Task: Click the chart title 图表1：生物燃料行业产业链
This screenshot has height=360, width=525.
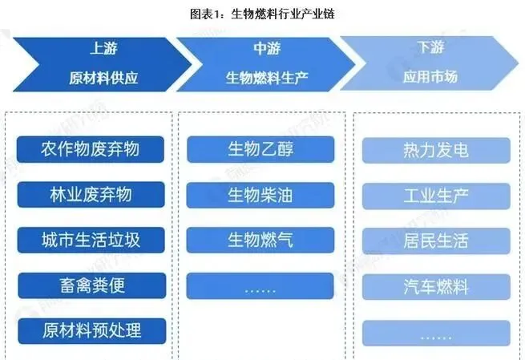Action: [x=262, y=14]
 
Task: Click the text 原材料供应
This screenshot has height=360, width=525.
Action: [x=103, y=79]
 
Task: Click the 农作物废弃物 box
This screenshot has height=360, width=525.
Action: [x=91, y=149]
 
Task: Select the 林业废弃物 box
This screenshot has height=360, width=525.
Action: [x=91, y=194]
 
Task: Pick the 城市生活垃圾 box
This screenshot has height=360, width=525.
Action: [x=91, y=239]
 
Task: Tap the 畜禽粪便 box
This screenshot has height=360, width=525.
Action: [x=91, y=285]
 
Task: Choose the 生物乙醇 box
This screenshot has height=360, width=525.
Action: [x=260, y=149]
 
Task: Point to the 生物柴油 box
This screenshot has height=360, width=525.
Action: [x=260, y=194]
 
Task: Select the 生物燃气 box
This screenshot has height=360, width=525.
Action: [x=260, y=239]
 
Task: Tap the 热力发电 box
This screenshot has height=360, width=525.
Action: [x=436, y=150]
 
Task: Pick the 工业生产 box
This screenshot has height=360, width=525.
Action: [x=436, y=195]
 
